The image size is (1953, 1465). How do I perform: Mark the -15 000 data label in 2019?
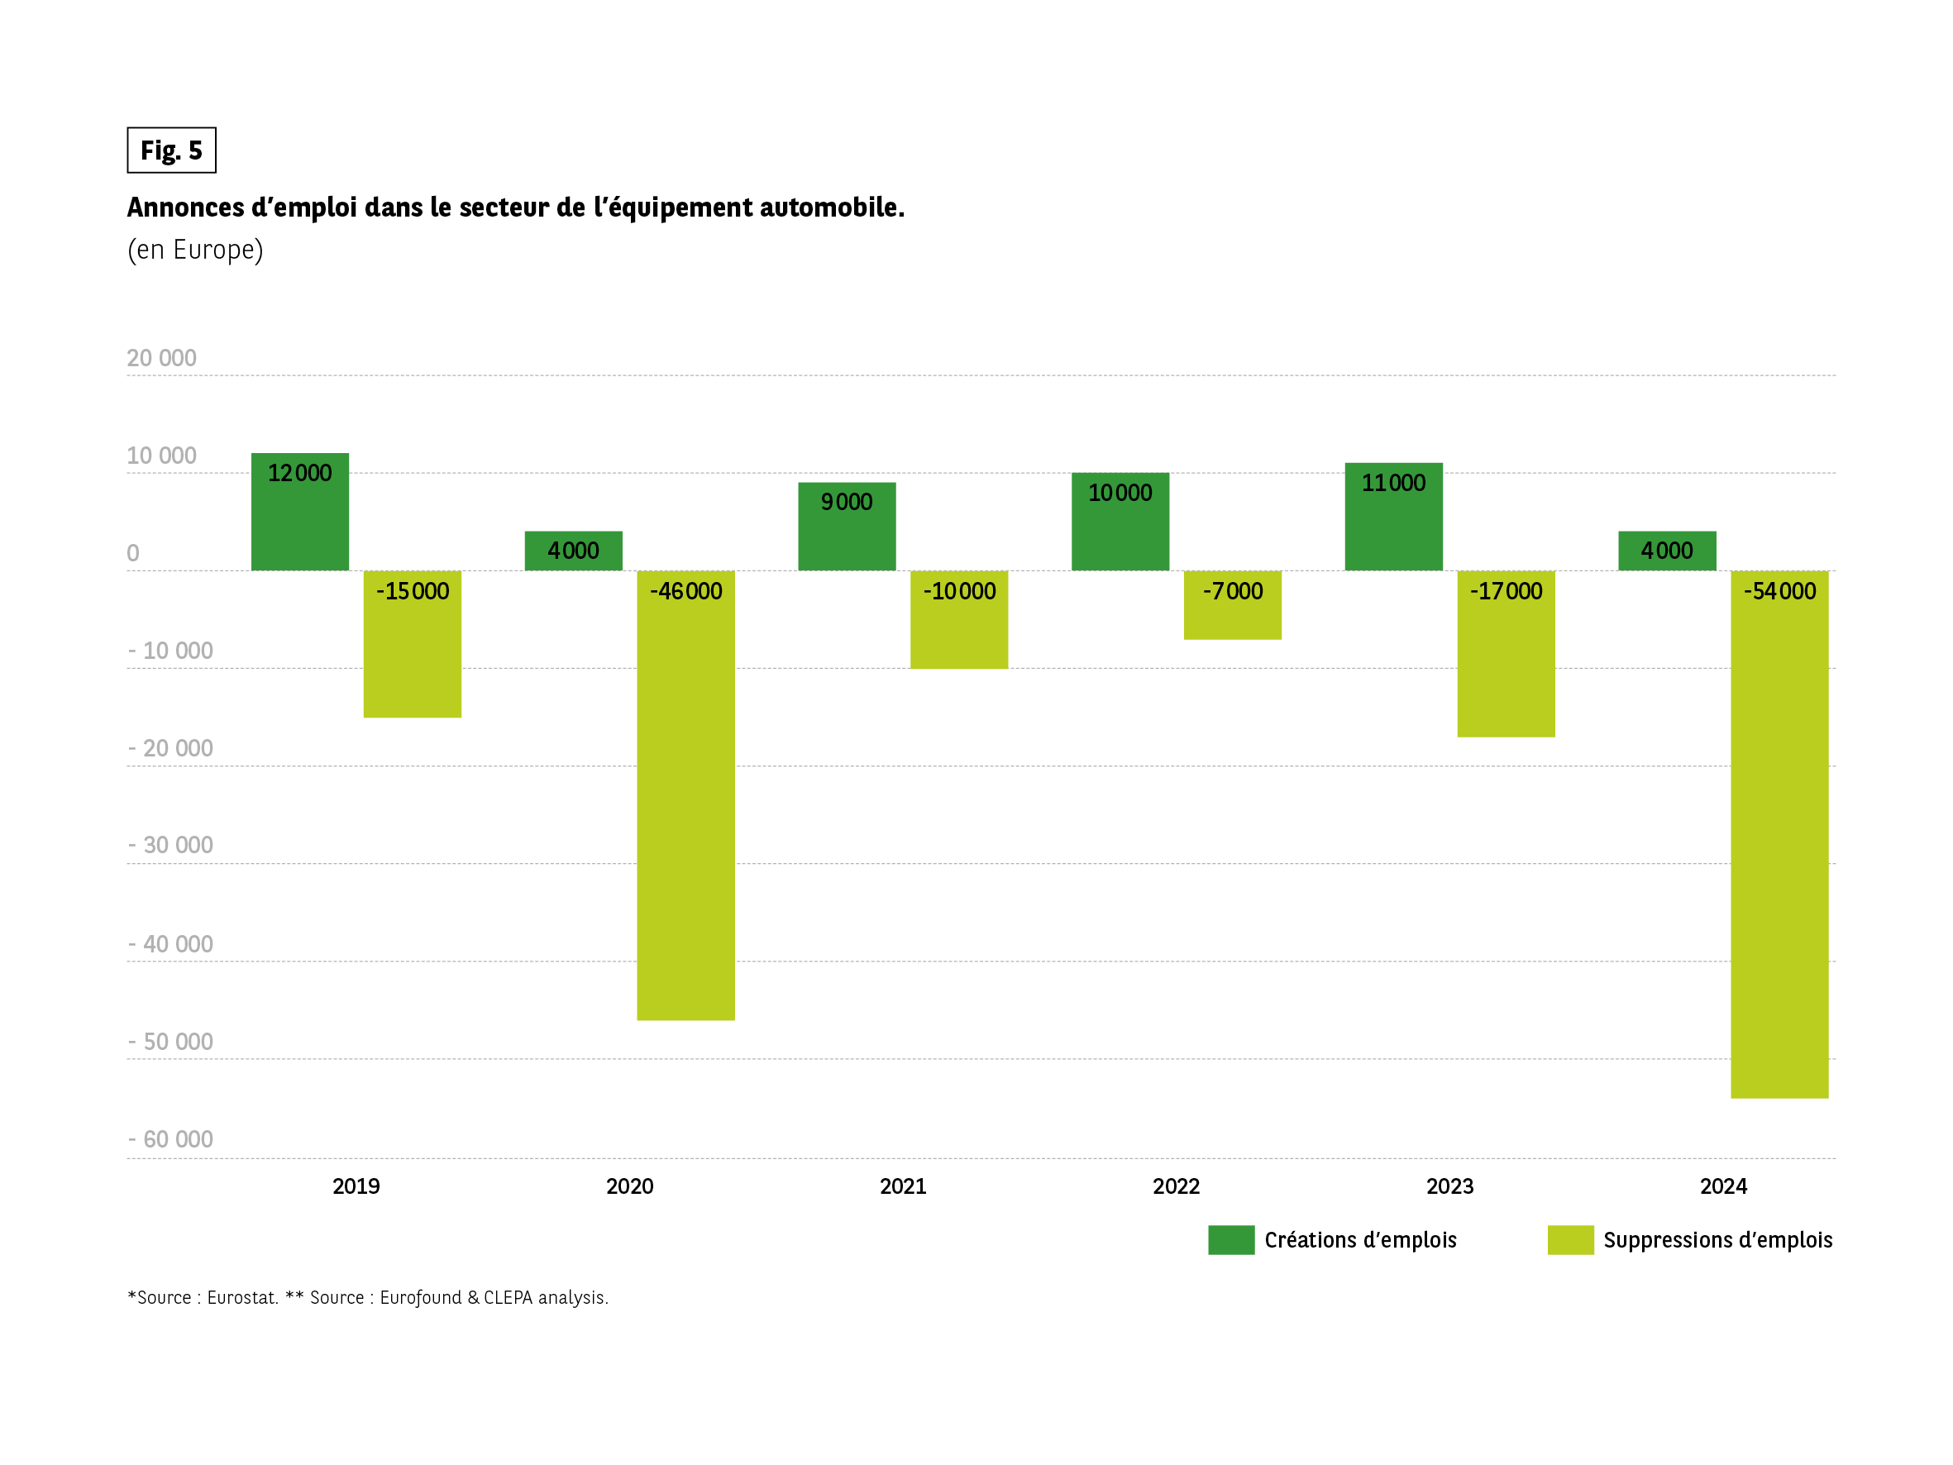[413, 591]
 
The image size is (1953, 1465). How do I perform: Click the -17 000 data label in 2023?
[1506, 591]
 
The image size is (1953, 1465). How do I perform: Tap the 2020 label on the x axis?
[629, 1186]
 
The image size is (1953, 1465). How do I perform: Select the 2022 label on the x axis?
[1176, 1186]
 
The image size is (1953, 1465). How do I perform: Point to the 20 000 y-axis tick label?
[161, 358]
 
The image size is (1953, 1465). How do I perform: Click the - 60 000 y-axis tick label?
[171, 1139]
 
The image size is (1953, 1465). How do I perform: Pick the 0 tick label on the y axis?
[133, 553]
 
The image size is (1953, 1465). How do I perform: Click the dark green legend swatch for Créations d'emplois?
[1231, 1239]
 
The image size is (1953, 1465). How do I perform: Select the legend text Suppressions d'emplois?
[1717, 1240]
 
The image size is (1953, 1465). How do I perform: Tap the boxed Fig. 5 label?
[171, 150]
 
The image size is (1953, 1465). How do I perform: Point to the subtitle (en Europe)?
[195, 250]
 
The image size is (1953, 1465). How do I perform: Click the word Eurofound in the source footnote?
[420, 1297]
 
